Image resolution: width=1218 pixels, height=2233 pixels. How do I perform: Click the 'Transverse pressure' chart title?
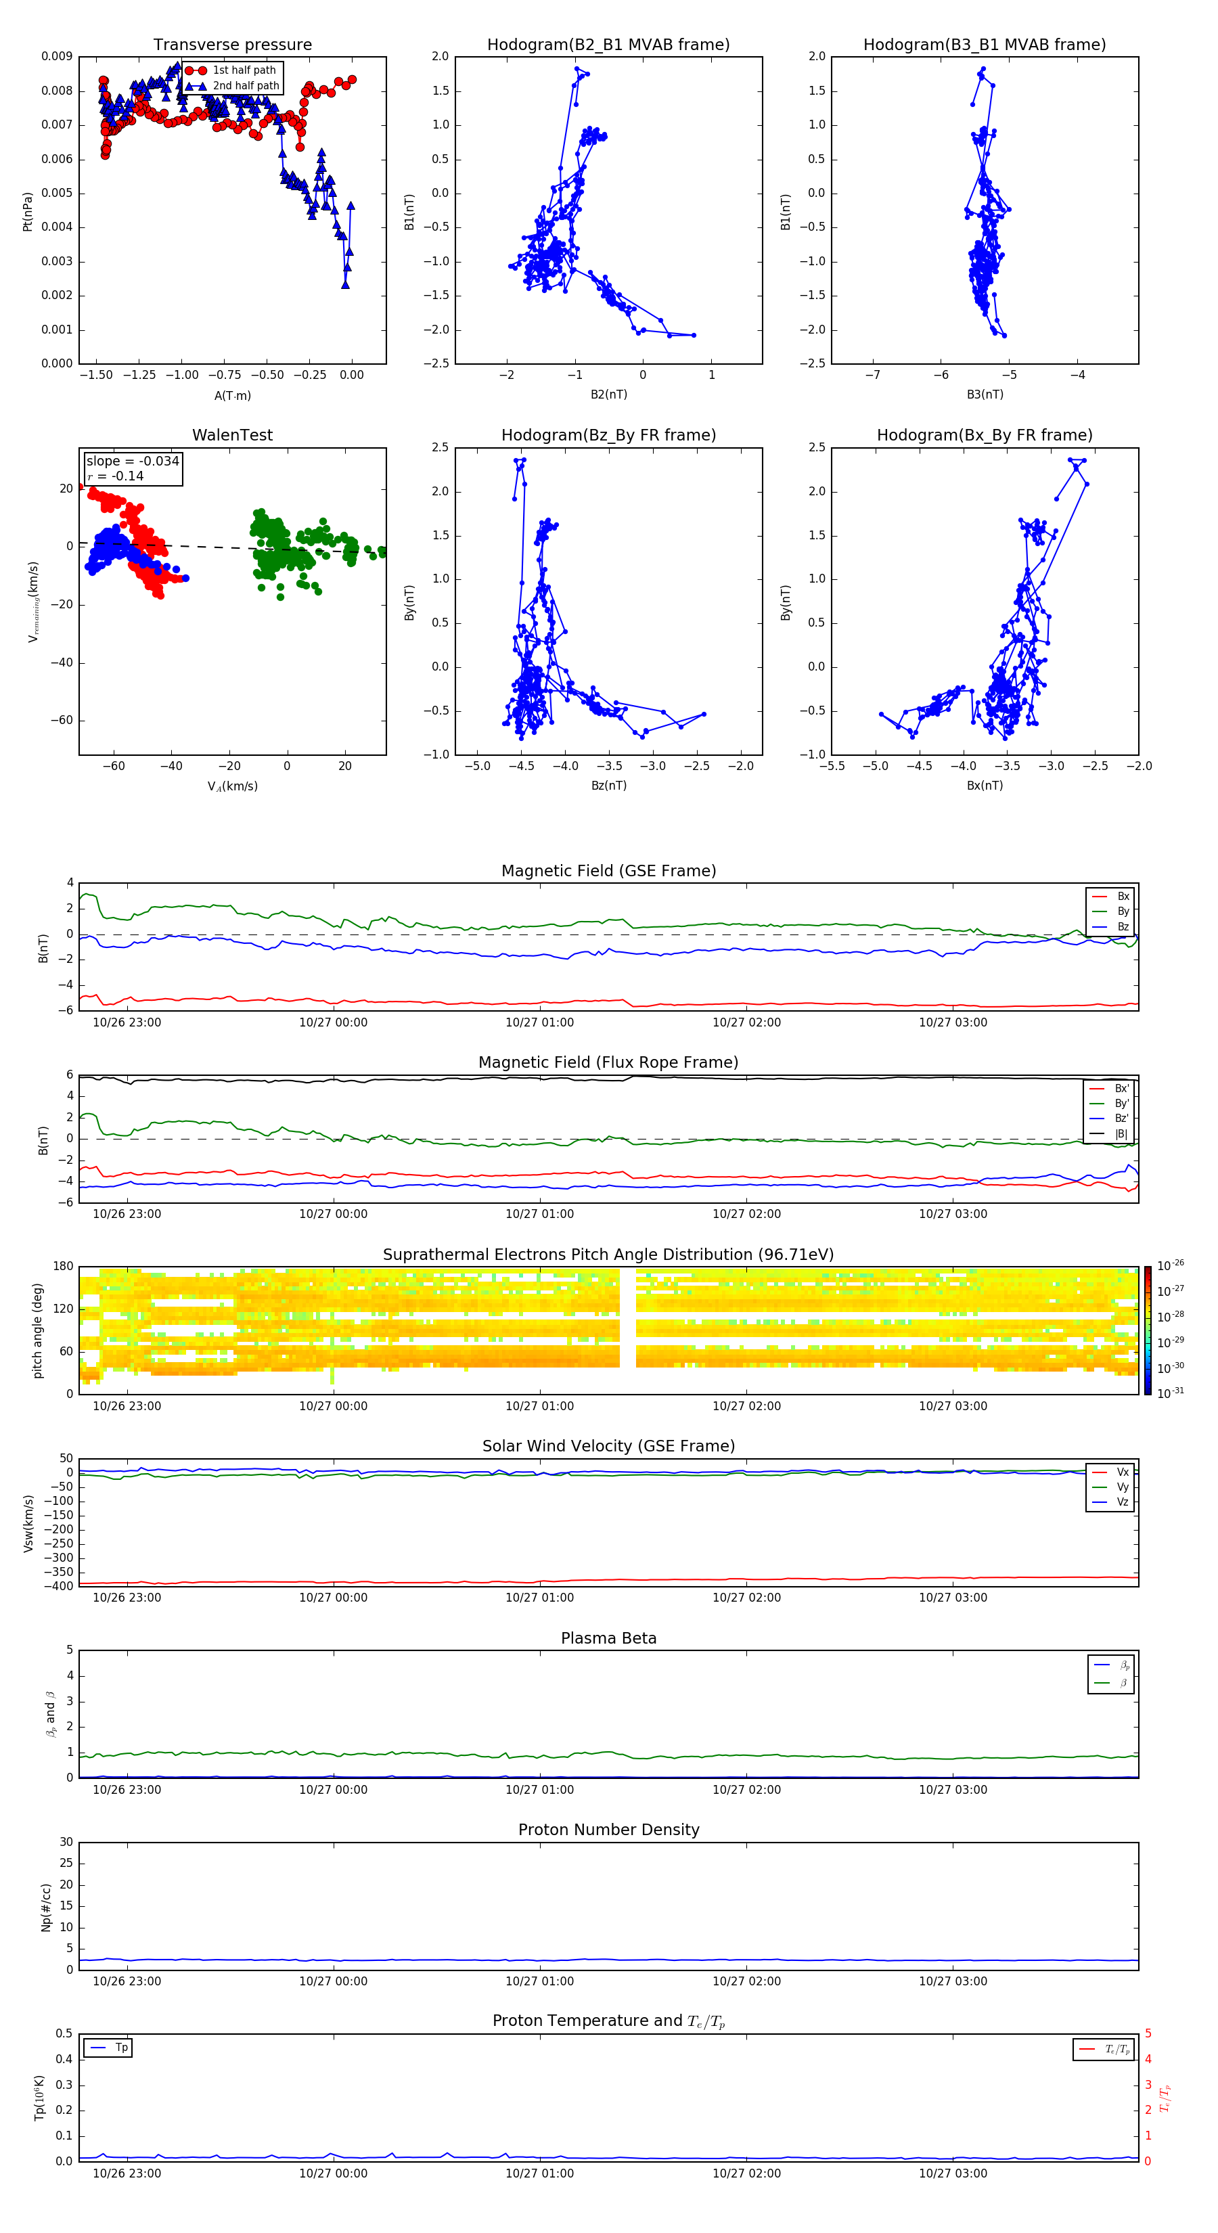232,45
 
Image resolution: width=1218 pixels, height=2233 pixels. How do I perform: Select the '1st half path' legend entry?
244,70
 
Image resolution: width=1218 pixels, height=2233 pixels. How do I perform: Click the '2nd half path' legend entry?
246,86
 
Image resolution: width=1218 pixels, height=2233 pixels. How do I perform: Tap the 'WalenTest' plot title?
232,435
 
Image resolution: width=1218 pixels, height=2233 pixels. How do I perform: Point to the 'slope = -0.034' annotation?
133,461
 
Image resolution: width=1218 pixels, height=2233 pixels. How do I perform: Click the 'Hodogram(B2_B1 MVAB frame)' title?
608,45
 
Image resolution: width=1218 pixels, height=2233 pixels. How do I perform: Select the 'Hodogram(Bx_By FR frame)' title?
984,435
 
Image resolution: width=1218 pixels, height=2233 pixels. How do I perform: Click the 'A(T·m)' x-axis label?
232,395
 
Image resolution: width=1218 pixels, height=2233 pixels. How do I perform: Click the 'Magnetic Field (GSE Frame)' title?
608,871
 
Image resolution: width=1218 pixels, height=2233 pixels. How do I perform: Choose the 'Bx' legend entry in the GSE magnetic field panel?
1122,897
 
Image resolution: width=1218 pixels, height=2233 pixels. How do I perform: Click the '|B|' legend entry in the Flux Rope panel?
1120,1134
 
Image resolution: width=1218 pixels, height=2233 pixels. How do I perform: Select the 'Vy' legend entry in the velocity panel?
1122,1487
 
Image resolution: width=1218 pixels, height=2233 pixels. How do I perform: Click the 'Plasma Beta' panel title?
608,1638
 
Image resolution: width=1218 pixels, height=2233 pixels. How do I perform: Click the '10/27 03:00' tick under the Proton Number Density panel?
952,1981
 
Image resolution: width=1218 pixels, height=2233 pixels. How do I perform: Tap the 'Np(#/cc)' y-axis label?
46,1907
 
